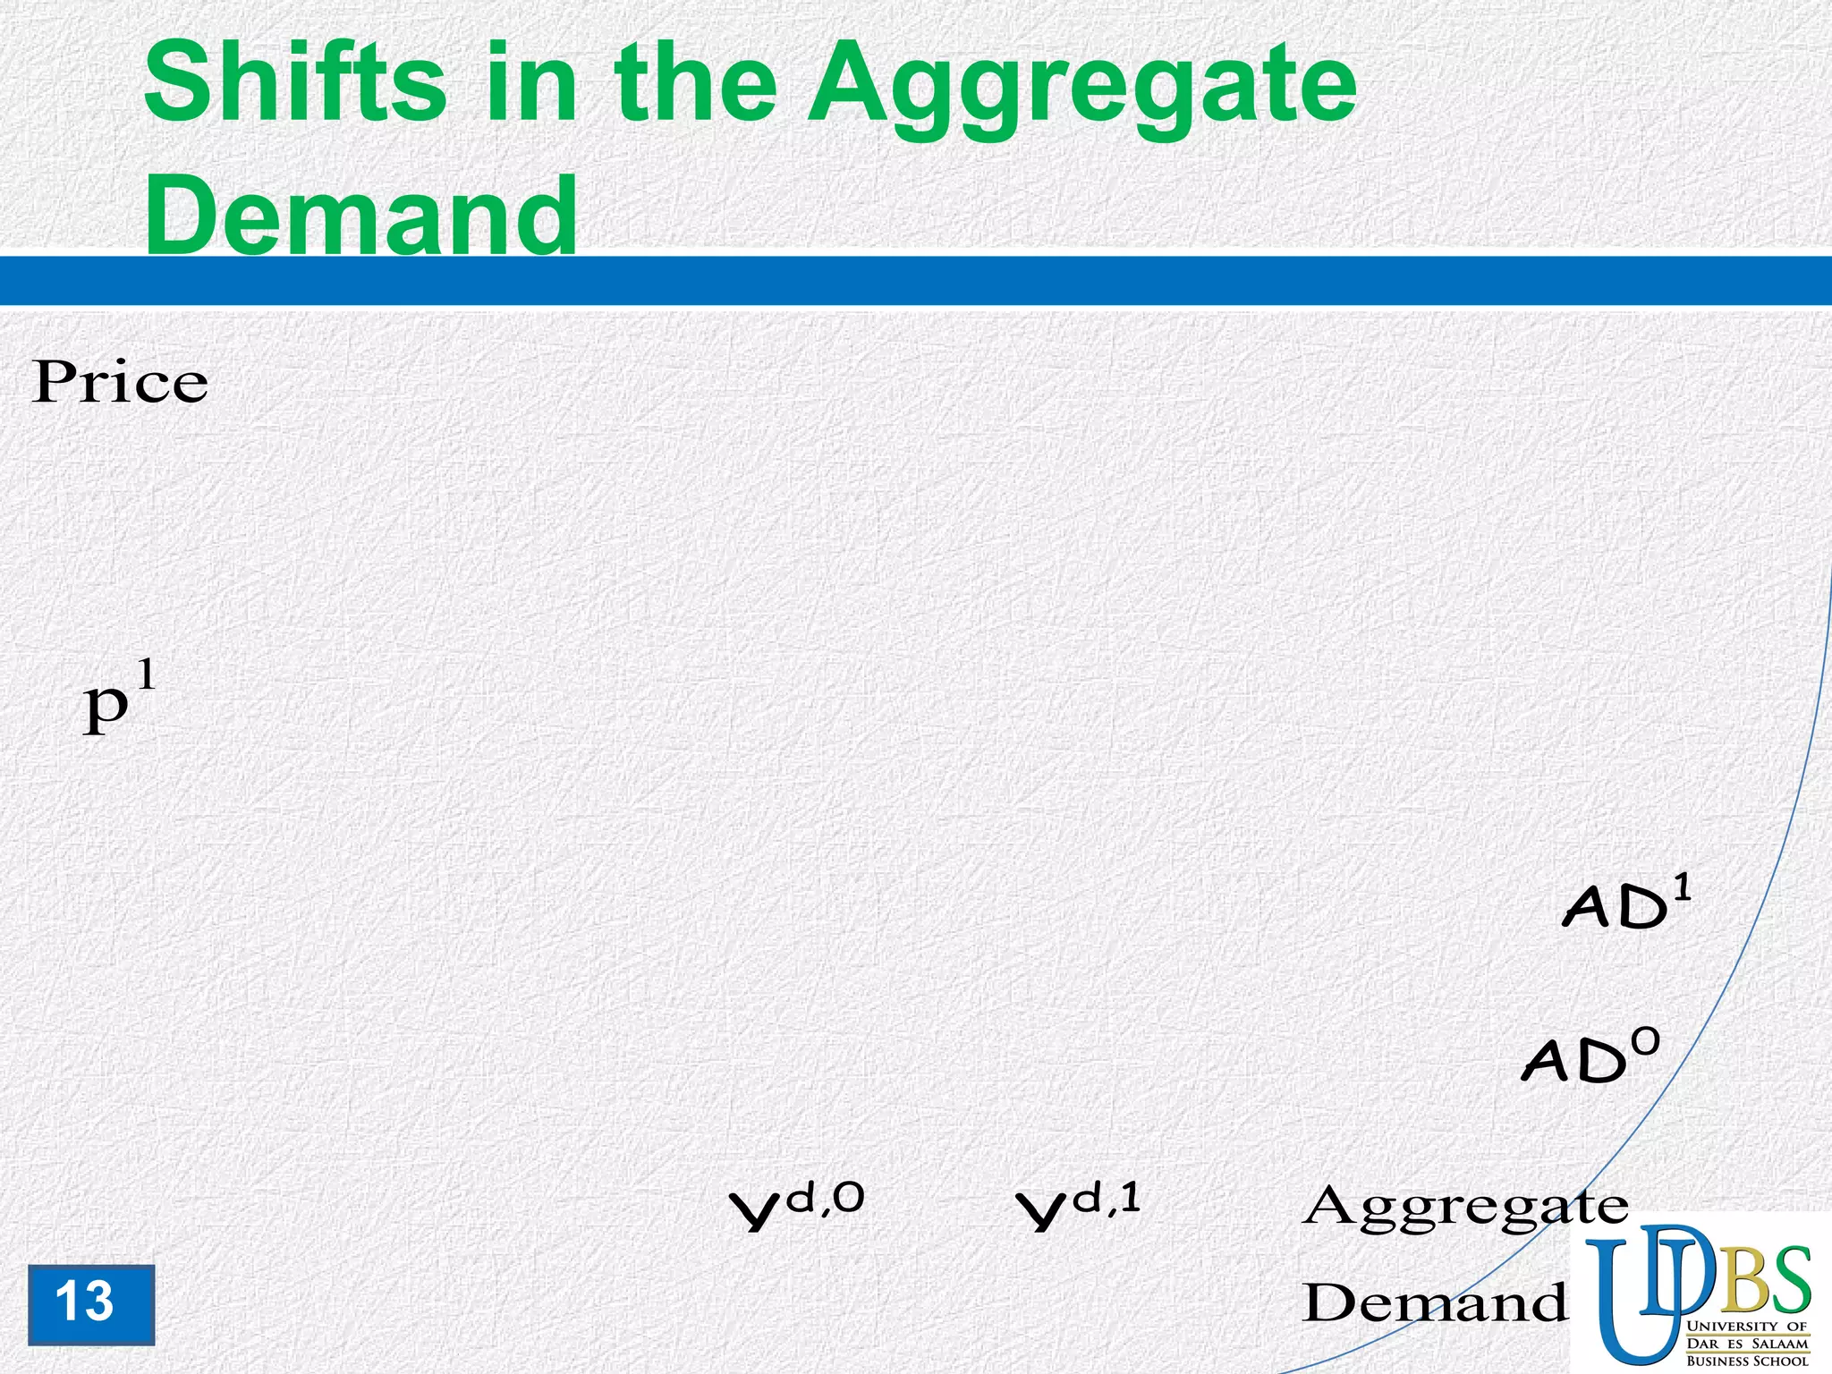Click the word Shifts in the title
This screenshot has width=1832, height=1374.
[295, 85]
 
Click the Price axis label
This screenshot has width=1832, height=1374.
[120, 383]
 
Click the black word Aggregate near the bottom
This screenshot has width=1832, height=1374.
[1464, 1208]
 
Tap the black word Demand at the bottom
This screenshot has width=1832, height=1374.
[1434, 1302]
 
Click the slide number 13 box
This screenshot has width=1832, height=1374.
[90, 1304]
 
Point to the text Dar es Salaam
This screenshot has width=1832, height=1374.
[1746, 1344]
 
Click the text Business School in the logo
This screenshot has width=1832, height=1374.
[1746, 1361]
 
